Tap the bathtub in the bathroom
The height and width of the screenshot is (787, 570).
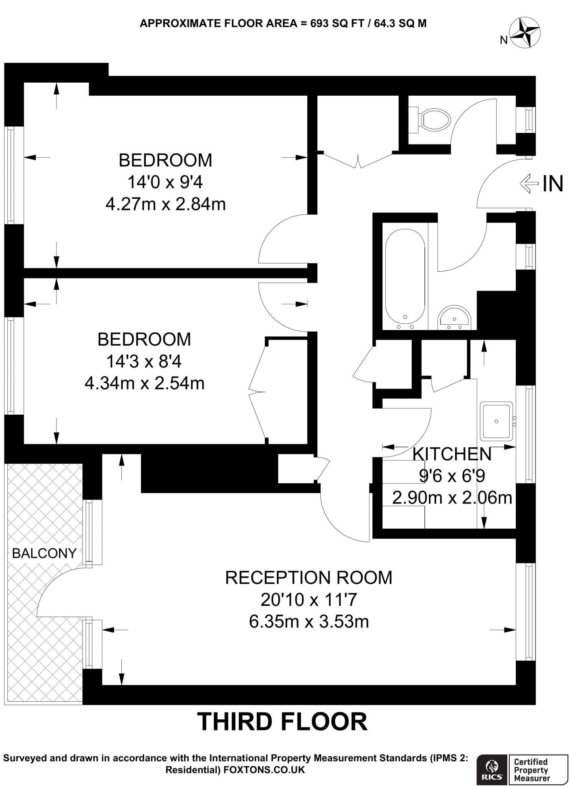click(x=405, y=277)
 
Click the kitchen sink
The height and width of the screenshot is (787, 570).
click(x=496, y=421)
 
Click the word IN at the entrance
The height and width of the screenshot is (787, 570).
click(x=553, y=184)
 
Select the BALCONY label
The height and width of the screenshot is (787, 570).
click(x=44, y=553)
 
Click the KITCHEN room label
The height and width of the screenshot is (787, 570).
click(x=452, y=454)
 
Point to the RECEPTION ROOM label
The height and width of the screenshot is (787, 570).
click(x=309, y=578)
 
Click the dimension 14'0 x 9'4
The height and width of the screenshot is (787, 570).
click(x=165, y=182)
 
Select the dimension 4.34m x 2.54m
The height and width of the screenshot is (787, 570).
click(x=145, y=383)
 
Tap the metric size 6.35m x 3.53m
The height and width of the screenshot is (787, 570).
click(x=309, y=621)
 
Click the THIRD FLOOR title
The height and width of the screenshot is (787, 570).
click(x=283, y=721)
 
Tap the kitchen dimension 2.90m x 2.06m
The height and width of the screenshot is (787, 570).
click(x=452, y=498)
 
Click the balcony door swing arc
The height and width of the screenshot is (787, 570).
click(x=50, y=588)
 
